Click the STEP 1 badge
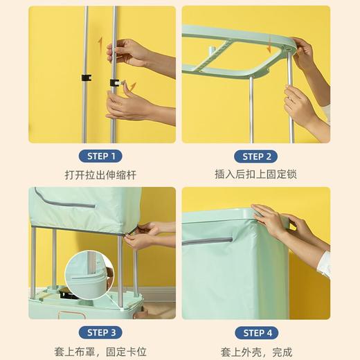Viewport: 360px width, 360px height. tap(103, 155)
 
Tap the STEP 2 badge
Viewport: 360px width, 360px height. tap(257, 155)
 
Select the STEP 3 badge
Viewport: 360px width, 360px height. tap(103, 332)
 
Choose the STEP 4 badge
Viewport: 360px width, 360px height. tap(257, 332)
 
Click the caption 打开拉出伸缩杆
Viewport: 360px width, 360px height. tap(103, 174)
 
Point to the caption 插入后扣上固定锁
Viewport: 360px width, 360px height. tap(257, 174)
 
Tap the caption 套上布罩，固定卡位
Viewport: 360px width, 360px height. tap(103, 350)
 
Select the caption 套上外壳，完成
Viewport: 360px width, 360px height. tap(257, 350)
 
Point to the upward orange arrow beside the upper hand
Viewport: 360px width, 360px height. tap(101, 46)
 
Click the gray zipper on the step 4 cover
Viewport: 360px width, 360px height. tap(211, 241)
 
